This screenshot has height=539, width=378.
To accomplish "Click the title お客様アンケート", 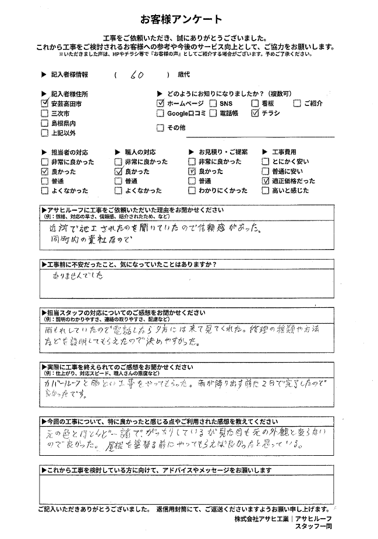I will [x=189, y=19].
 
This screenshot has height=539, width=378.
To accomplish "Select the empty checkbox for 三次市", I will [x=45, y=114].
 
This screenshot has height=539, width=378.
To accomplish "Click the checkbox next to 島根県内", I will [x=45, y=123].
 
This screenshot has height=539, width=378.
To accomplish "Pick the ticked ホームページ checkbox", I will [x=161, y=103].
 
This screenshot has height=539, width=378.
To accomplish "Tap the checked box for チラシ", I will [x=255, y=114].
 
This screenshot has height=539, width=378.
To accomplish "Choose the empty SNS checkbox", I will [x=214, y=103].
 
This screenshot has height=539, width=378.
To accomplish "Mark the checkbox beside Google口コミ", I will [x=161, y=114].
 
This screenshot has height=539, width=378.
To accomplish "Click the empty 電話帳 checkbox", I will [x=214, y=114].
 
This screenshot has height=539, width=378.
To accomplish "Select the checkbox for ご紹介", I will [x=298, y=103].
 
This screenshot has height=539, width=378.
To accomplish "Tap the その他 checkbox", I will [x=161, y=128].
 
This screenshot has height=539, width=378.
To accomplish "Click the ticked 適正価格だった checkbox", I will [x=266, y=181].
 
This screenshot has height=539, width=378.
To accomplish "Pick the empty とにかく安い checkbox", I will [x=266, y=161].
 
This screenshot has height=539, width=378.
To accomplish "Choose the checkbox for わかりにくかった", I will [x=192, y=190].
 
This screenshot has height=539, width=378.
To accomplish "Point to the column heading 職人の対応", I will [x=140, y=151].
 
